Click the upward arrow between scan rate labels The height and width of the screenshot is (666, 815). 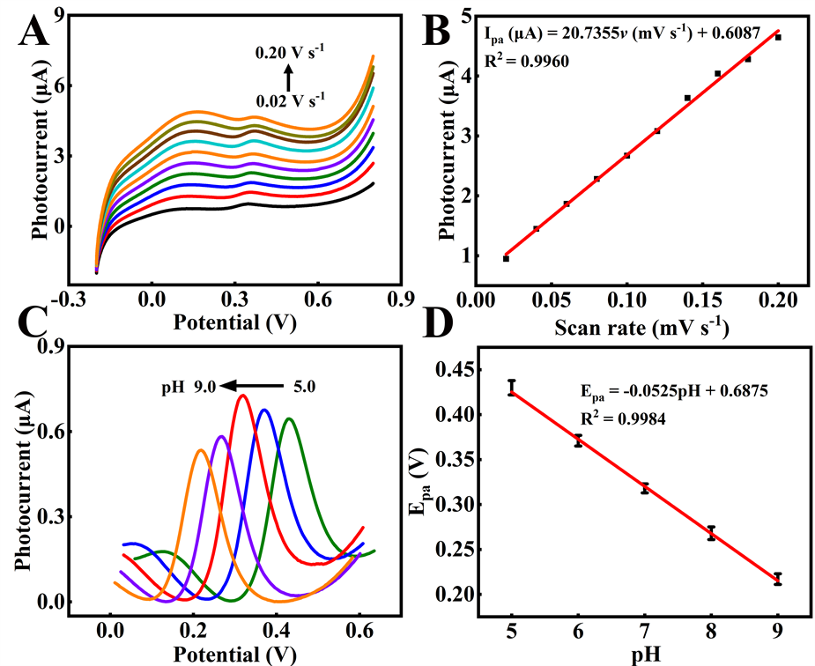coord(288,76)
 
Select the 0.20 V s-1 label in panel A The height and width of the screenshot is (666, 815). coord(288,53)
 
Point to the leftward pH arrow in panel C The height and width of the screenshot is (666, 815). coord(252,384)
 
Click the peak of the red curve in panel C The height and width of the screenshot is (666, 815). coord(241,396)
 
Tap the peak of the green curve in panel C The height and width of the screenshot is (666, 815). coord(288,418)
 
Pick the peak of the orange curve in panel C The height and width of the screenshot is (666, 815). coord(201,450)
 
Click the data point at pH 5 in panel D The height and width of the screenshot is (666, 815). coord(511,388)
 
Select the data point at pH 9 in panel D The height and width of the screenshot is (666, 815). coord(777,579)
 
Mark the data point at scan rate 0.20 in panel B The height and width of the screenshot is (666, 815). coord(778,37)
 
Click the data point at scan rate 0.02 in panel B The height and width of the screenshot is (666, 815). coord(506,258)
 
